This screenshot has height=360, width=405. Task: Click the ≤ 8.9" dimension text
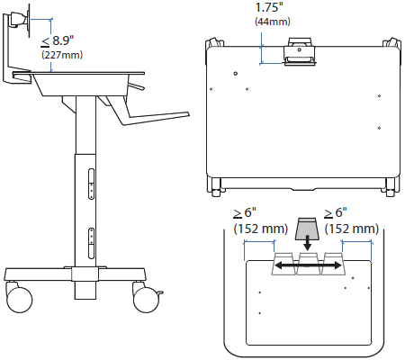pyautogui.click(x=60, y=40)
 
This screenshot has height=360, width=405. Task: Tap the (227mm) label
pyautogui.click(x=61, y=55)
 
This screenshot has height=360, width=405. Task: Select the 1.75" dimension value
pyautogui.click(x=268, y=6)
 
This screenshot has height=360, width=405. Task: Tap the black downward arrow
pyautogui.click(x=307, y=243)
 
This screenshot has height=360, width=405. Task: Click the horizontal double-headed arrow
pyautogui.click(x=307, y=265)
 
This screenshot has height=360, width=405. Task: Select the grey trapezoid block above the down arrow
pyautogui.click(x=307, y=225)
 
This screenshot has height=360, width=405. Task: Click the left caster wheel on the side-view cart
pyautogui.click(x=18, y=297)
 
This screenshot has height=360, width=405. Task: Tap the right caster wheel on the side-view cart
pyautogui.click(x=146, y=297)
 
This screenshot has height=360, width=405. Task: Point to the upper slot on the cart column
pyautogui.click(x=90, y=179)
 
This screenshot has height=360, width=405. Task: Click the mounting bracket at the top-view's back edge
pyautogui.click(x=300, y=52)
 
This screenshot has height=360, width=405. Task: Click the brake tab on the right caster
pyautogui.click(x=161, y=292)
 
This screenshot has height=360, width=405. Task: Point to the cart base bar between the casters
pyautogui.click(x=81, y=274)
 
